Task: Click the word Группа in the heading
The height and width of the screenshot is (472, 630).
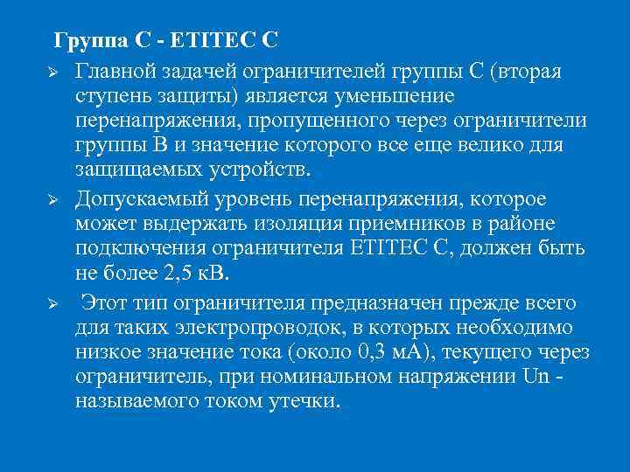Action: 86,40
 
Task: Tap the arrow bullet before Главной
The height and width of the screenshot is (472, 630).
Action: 52,69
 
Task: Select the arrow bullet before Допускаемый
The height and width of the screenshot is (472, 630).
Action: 52,200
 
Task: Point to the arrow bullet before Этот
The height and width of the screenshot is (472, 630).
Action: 52,305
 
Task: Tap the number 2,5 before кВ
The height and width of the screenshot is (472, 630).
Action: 178,274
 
